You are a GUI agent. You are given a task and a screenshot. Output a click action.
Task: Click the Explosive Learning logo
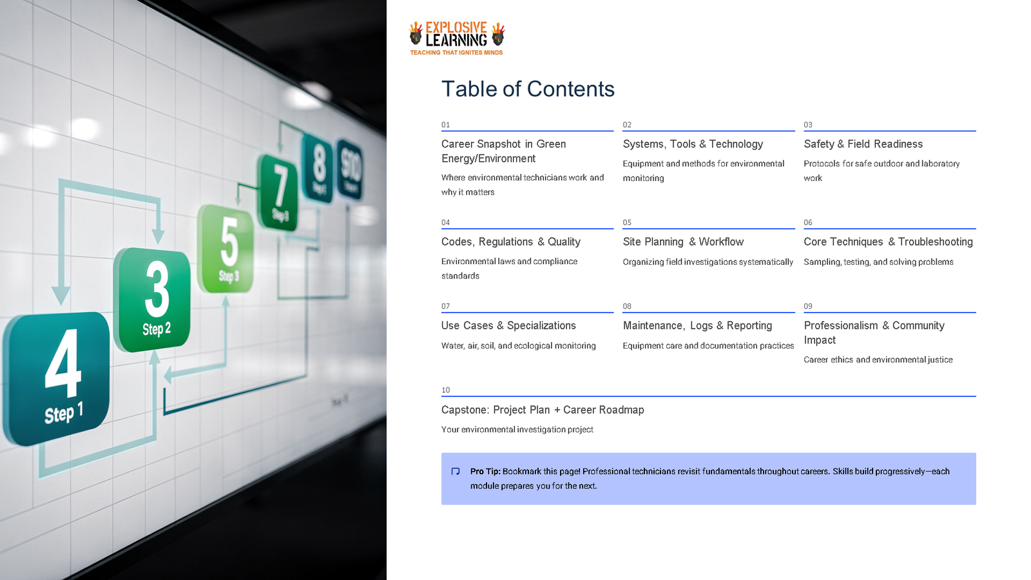457,38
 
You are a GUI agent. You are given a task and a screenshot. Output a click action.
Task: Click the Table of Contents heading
528,89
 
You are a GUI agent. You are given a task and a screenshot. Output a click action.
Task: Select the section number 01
445,125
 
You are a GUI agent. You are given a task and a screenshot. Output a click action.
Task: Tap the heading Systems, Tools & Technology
693,144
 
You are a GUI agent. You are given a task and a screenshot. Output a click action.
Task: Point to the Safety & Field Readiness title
863,144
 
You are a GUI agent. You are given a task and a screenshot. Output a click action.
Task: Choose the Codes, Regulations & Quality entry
510,242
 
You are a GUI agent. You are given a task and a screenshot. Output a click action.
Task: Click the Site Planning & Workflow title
683,242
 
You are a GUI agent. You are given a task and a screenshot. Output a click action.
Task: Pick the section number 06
808,223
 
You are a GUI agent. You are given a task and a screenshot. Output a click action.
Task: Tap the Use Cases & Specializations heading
508,326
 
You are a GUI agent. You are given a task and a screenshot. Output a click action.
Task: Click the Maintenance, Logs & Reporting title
697,326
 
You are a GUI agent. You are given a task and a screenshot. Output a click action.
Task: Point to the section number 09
808,307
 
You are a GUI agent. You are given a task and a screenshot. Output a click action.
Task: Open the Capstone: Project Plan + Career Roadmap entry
543,410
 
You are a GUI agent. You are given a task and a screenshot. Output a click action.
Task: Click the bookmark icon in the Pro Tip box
456,472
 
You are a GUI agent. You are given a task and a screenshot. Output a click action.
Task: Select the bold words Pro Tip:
485,472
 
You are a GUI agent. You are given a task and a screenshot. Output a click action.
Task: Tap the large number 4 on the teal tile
63,364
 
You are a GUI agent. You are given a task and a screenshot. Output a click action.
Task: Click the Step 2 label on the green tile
157,329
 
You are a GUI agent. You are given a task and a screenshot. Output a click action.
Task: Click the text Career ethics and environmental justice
878,360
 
